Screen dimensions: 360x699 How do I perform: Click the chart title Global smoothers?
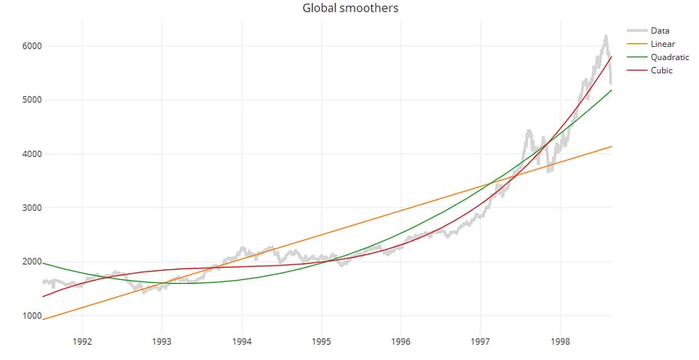coord(350,8)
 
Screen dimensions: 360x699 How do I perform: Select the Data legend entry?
coord(660,31)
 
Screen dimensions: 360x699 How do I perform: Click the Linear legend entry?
coord(662,44)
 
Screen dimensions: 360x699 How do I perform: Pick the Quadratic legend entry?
coord(669,57)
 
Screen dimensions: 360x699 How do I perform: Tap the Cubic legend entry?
coord(661,71)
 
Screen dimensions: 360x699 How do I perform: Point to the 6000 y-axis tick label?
coord(31,46)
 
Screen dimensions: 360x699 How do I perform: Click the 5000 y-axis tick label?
coord(31,100)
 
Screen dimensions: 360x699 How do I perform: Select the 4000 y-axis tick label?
coord(31,154)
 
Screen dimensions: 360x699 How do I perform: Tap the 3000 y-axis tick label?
coord(31,208)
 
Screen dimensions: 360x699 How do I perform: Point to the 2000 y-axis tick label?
coord(31,262)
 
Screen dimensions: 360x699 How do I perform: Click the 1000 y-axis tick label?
coord(31,315)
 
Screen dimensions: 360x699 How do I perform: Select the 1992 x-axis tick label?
coord(82,342)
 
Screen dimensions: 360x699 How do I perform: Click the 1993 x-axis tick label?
coord(161,342)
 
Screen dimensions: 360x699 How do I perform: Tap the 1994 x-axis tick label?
coord(241,342)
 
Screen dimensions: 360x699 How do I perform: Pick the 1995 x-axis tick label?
coord(321,342)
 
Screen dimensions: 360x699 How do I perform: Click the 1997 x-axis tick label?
coord(481,342)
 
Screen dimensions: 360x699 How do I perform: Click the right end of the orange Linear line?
coord(611,146)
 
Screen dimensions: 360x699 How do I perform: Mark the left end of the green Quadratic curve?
coord(43,263)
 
